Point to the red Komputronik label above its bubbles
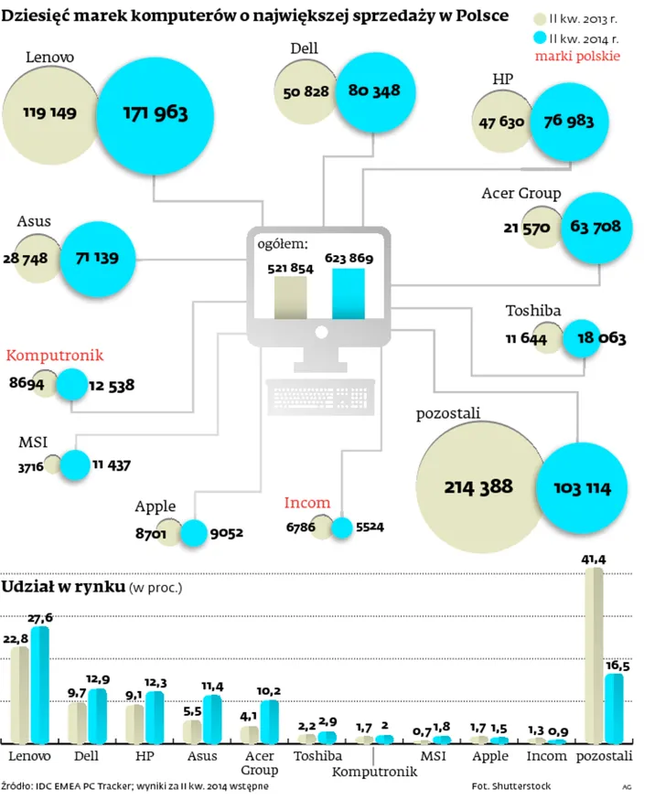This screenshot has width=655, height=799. pos(55,356)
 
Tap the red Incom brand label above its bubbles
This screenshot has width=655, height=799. pos(306,503)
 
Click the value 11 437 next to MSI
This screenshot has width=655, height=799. pos(111,465)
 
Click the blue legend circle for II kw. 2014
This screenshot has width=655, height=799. pos(537,38)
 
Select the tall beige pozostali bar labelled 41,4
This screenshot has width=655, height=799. pos(594,656)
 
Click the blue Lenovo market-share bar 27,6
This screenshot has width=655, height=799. pos(39,686)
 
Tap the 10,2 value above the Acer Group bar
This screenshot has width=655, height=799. pos(269,691)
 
